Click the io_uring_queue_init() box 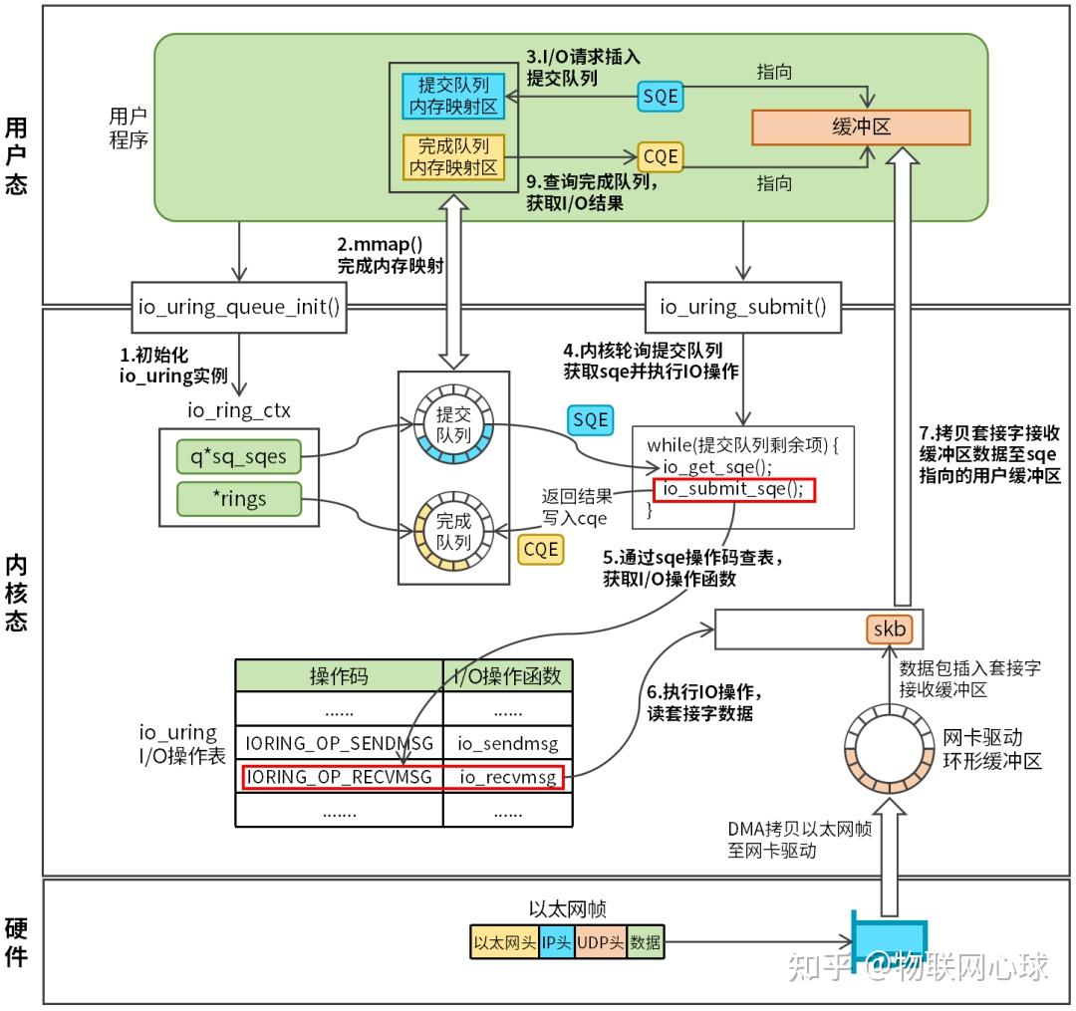(x=239, y=307)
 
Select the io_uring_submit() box (x=743, y=307)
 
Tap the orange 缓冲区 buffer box (x=861, y=127)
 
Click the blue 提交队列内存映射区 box (x=453, y=97)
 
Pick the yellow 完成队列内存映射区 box (x=453, y=156)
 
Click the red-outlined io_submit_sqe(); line (x=733, y=488)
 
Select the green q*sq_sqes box (x=238, y=456)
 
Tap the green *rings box (x=238, y=498)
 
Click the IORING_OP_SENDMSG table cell (x=339, y=743)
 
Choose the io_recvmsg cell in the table (x=507, y=776)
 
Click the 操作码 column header (x=339, y=676)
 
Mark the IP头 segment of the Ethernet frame (x=557, y=941)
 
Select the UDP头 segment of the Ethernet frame (x=601, y=941)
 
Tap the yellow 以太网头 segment (x=504, y=941)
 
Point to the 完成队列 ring (x=453, y=532)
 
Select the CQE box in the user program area (x=659, y=156)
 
